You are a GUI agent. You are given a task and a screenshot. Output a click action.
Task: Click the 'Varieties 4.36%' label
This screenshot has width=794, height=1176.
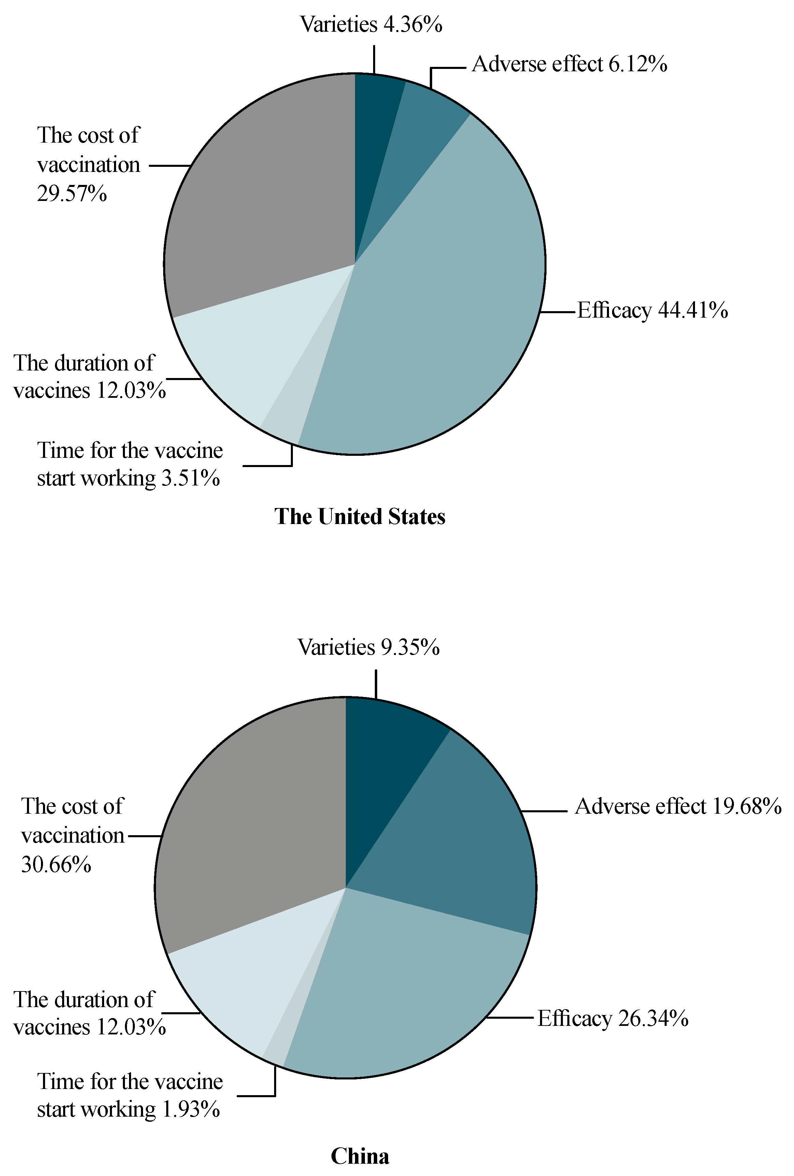(x=371, y=24)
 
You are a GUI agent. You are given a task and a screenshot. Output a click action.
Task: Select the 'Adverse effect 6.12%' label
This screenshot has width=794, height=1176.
(x=569, y=64)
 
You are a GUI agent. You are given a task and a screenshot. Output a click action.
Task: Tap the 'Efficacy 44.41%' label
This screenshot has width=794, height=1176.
(x=652, y=310)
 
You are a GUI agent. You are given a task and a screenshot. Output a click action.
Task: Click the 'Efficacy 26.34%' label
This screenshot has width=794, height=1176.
(x=613, y=1018)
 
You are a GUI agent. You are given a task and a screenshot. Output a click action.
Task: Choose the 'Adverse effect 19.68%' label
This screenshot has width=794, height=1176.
(x=678, y=806)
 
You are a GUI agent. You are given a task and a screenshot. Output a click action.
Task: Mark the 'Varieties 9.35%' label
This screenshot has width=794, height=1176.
(x=368, y=647)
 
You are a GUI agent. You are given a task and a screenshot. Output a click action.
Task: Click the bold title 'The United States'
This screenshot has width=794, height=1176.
(x=360, y=517)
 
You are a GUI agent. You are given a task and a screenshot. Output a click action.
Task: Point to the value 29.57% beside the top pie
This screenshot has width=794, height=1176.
(x=72, y=194)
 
